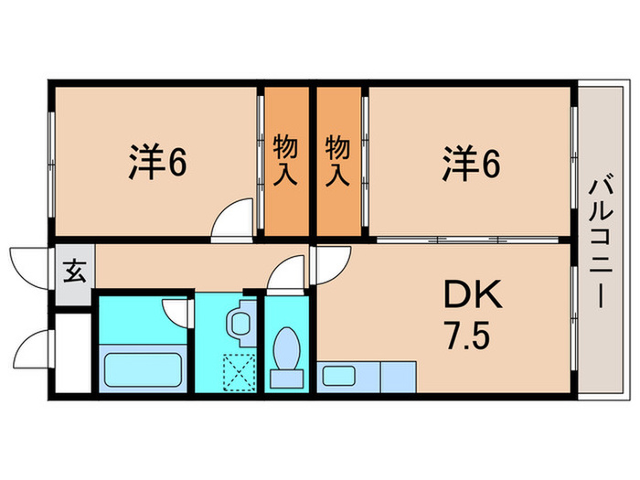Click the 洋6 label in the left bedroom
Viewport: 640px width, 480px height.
pyautogui.click(x=156, y=163)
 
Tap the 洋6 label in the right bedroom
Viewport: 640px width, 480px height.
pyautogui.click(x=472, y=164)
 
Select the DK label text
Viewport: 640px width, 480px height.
pyautogui.click(x=472, y=295)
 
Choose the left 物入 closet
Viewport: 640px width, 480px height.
pyautogui.click(x=286, y=161)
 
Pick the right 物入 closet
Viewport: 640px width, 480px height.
pyautogui.click(x=338, y=161)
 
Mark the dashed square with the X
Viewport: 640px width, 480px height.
pyautogui.click(x=240, y=370)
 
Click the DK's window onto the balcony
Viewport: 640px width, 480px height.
pyautogui.click(x=575, y=306)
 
